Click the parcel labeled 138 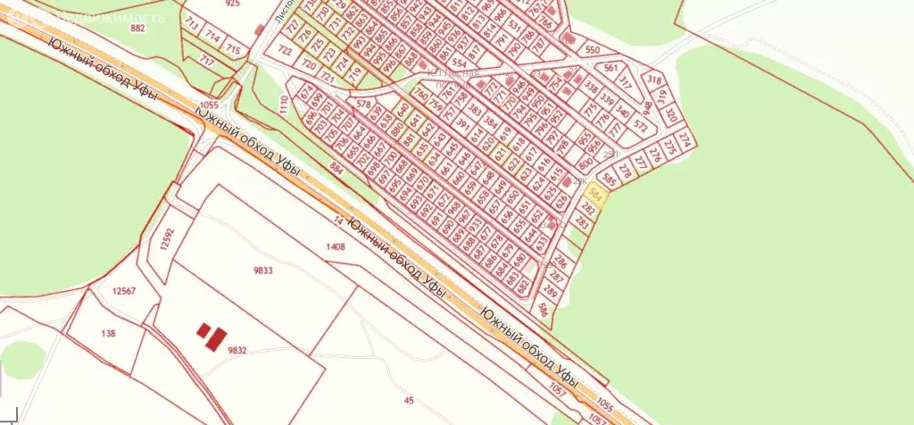(x=108, y=332)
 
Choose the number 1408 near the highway (x=335, y=246)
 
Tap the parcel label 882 (x=137, y=29)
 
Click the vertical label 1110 (x=284, y=111)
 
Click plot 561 (x=611, y=68)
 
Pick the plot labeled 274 (x=685, y=141)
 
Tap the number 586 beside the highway (x=544, y=310)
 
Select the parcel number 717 (x=206, y=61)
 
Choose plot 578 (x=362, y=104)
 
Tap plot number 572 (x=639, y=128)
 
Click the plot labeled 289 (x=550, y=291)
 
